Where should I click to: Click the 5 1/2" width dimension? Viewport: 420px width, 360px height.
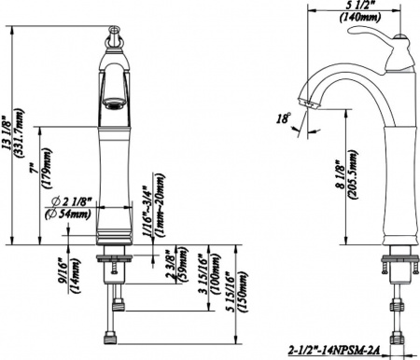[359, 7]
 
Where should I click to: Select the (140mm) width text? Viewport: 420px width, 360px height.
[359, 18]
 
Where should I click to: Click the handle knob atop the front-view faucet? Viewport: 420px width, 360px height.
[113, 42]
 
